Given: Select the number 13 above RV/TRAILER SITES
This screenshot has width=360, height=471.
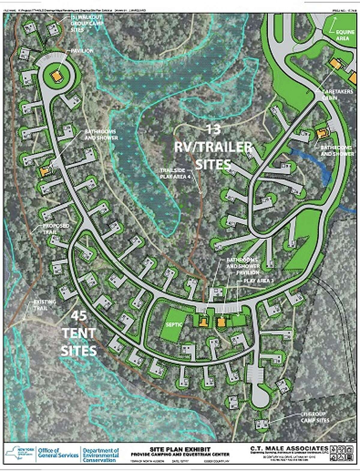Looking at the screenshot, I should (213, 130).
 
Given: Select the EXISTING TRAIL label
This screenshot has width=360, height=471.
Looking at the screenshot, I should (45, 305).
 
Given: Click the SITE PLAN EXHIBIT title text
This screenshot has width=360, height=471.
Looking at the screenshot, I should (180, 449).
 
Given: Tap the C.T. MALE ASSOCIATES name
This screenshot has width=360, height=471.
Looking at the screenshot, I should (289, 448).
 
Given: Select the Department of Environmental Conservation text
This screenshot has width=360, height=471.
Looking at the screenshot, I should (100, 455).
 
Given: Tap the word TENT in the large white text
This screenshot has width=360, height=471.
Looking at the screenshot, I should (79, 333).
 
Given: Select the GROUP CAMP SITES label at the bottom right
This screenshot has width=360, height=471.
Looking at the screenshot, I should (315, 417).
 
